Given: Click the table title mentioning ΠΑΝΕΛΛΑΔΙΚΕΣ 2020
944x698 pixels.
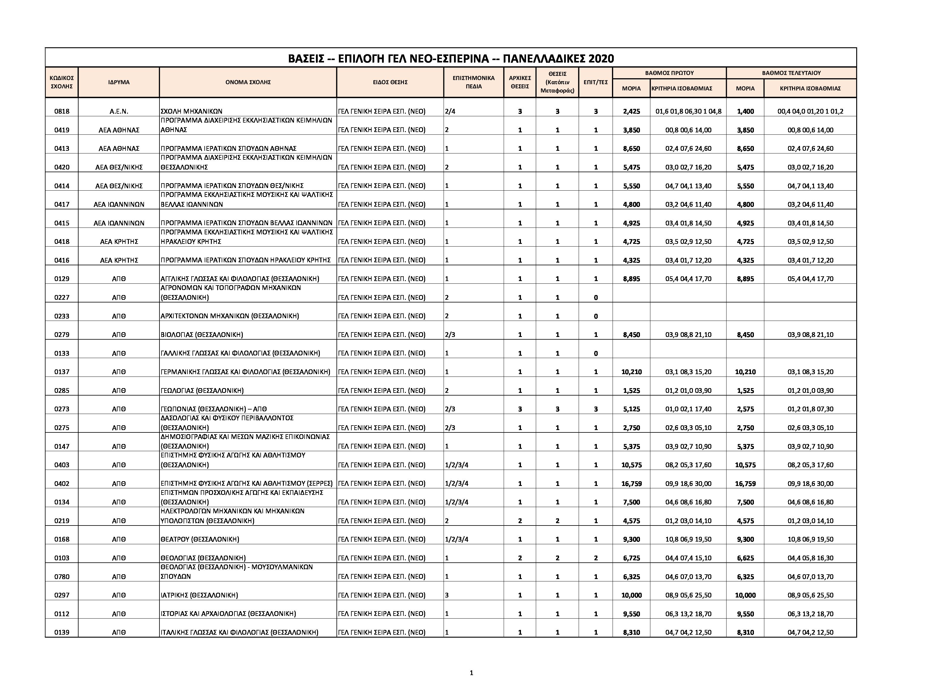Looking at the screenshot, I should (x=450, y=58).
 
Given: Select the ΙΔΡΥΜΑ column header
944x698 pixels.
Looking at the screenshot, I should (x=119, y=82).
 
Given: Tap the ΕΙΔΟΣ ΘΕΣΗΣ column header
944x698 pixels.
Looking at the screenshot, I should (x=390, y=82).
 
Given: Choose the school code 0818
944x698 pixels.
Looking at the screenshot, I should (x=62, y=112).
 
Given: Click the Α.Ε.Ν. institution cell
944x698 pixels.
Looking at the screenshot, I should (x=119, y=112).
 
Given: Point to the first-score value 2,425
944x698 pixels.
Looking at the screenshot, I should (x=631, y=112).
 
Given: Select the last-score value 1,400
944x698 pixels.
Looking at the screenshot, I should (x=745, y=112).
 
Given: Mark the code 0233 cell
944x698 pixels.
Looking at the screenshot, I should (x=62, y=316).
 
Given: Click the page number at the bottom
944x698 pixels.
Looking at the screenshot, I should (x=472, y=673).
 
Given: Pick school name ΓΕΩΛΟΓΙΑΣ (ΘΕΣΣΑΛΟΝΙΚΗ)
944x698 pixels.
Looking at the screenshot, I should (x=202, y=391).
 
